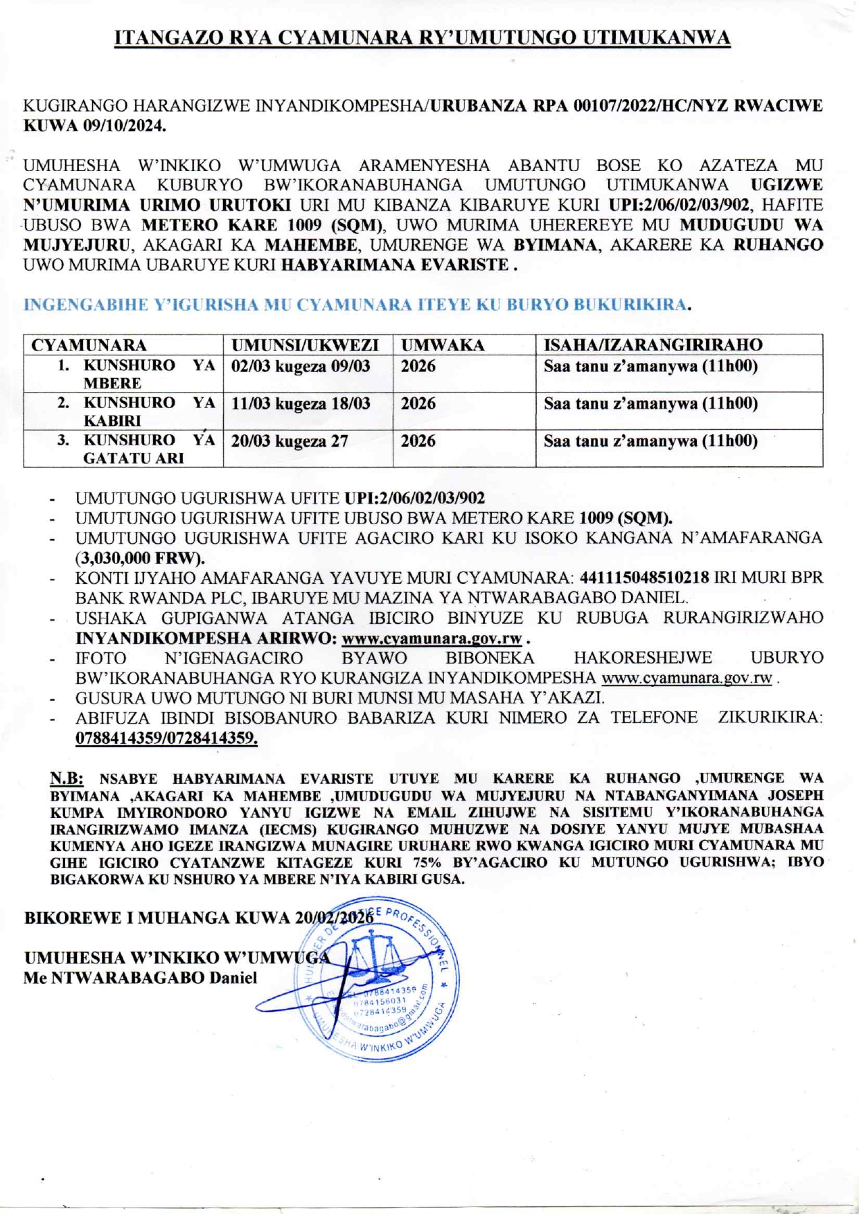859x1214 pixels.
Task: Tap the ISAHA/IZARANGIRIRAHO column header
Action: click(x=653, y=345)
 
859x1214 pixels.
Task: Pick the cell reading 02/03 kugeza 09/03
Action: click(x=301, y=366)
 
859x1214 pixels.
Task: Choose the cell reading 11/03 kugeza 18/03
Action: click(x=301, y=404)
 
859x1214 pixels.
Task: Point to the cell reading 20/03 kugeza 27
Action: click(x=290, y=441)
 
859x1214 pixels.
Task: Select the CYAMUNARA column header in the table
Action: click(x=89, y=345)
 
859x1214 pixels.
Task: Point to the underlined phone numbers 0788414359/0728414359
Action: click(x=166, y=738)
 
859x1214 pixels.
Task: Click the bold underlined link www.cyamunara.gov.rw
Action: click(x=432, y=639)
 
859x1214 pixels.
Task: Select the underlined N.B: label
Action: click(x=67, y=778)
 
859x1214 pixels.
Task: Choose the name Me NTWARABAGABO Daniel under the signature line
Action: click(x=140, y=978)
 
